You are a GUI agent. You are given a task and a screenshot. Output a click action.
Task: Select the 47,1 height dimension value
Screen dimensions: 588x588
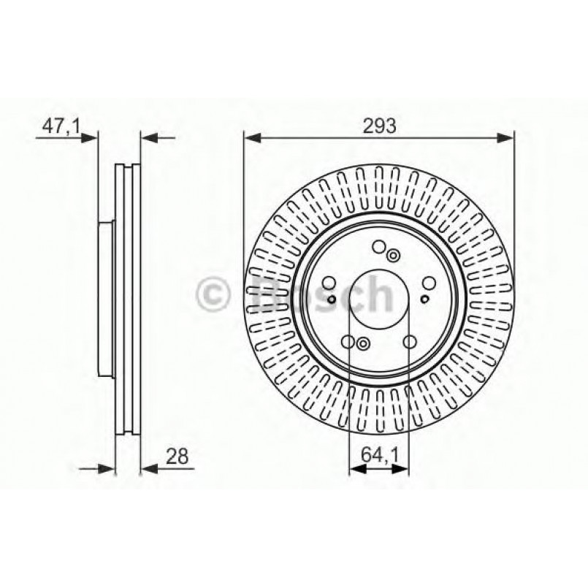coord(60,126)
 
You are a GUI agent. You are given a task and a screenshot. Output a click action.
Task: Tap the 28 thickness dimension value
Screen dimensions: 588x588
coord(177,457)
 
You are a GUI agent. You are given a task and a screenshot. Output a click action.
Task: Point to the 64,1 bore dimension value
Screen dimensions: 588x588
coord(379,457)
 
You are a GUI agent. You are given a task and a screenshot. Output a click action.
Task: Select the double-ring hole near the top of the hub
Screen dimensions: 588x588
coord(393,255)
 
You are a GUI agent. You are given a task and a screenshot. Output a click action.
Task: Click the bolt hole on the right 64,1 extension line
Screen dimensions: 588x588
coord(409,340)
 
